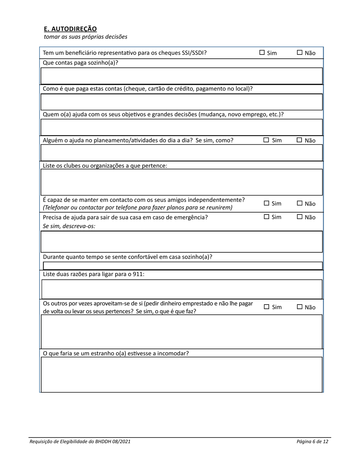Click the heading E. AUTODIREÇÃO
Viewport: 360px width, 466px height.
70,29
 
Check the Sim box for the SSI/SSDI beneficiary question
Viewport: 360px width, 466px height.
262,53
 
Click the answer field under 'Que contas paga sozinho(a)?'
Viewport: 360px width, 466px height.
181,76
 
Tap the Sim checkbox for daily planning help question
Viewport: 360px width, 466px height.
266,140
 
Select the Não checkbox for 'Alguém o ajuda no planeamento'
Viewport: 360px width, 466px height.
299,140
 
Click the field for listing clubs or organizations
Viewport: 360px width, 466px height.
181,182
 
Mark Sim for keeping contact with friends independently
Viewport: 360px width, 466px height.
266,203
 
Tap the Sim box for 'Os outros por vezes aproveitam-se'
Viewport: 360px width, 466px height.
266,307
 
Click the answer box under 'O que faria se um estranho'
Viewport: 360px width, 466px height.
181,374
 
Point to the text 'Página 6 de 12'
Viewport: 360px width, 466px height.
312,441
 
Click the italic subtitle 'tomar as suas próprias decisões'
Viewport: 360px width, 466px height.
86,37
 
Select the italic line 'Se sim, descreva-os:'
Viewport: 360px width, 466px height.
69,226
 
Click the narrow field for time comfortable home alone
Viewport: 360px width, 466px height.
181,265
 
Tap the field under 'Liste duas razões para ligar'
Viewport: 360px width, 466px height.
181,289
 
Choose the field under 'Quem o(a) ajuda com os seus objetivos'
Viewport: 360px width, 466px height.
181,127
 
